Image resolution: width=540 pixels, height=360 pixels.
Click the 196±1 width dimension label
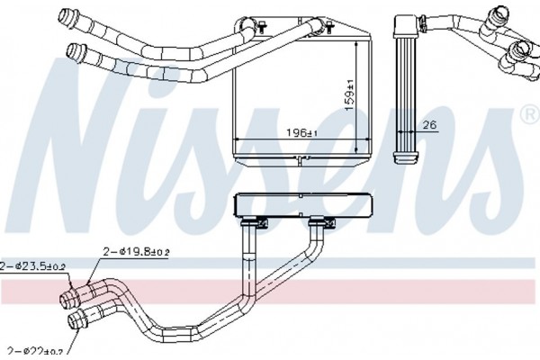coord(301,132)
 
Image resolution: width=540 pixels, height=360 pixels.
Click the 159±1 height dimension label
coord(350,94)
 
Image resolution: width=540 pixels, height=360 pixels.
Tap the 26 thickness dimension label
coord(429,124)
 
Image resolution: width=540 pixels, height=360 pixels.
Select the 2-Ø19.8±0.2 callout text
coord(136,252)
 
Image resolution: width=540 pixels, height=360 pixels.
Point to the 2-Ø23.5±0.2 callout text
coord(32,266)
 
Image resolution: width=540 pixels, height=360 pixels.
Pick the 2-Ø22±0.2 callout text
coord(35,351)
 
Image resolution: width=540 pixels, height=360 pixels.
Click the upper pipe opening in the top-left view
coord(64,16)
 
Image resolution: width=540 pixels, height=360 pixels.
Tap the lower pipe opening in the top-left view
coord(72,51)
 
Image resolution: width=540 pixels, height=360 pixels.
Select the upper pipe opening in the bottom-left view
coord(65,301)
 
